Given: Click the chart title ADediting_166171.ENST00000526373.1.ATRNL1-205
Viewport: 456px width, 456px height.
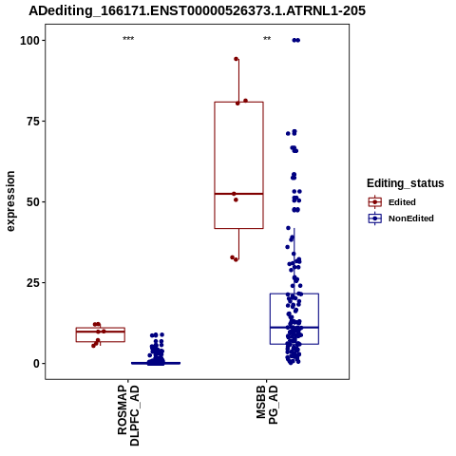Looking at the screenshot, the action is tap(197, 10).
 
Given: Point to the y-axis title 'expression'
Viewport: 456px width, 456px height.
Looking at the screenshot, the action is tap(10, 201).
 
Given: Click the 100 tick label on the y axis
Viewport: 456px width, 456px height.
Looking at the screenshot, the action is tap(29, 41).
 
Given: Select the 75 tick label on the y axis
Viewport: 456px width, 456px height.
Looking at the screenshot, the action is tap(33, 122).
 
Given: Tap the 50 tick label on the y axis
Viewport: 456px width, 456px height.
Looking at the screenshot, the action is tap(33, 202).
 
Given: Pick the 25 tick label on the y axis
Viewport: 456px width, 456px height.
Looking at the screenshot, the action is tap(33, 282).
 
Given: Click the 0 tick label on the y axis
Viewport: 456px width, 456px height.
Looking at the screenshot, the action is tap(36, 364).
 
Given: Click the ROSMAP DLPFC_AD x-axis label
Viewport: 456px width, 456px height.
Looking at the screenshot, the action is tap(128, 415).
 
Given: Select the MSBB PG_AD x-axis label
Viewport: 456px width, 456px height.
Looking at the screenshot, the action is tap(267, 405).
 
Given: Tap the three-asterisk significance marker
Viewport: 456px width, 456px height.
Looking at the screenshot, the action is tap(128, 39).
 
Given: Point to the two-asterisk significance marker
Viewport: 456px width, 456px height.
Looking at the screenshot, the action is tap(267, 39).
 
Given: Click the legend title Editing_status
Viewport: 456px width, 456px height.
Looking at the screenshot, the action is tap(406, 183).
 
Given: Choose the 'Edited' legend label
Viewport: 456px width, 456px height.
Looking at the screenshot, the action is tap(402, 202).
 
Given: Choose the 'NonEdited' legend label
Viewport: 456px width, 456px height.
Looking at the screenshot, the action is tap(411, 218).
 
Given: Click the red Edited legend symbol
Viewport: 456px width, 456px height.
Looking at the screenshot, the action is tap(375, 202).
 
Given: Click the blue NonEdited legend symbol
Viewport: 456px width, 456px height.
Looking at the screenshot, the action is tap(375, 218).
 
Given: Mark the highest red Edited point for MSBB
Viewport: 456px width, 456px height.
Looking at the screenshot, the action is tap(236, 59).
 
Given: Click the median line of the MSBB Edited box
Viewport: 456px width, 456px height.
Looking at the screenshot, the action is tap(238, 194).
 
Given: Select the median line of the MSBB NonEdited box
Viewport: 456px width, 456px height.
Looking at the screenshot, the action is tap(294, 327).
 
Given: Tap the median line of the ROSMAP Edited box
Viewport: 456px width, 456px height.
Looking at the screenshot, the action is tap(101, 332).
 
